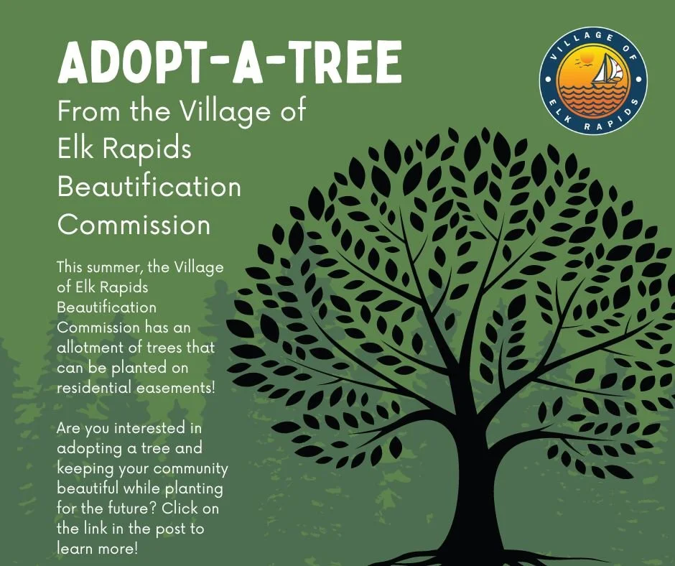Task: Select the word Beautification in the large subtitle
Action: click(x=149, y=187)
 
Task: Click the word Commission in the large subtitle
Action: click(x=134, y=225)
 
